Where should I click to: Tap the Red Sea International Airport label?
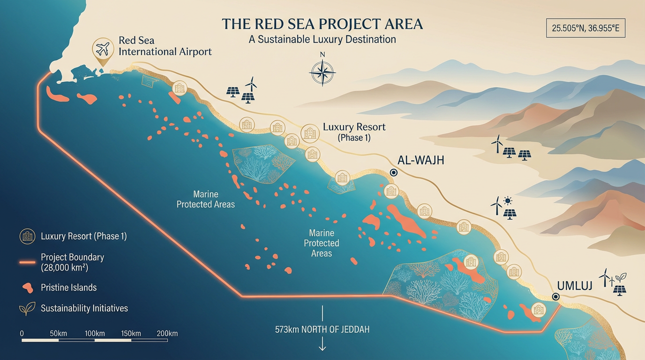tap(165, 46)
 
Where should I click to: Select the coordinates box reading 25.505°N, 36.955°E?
tap(585, 28)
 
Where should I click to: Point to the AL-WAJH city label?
tap(420, 160)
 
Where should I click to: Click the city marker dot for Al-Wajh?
tap(393, 172)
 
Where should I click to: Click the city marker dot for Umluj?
tap(555, 296)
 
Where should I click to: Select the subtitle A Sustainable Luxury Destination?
tap(322, 39)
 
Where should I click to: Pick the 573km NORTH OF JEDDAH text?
tap(322, 330)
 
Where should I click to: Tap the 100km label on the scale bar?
tap(95, 334)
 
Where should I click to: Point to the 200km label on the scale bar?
tap(167, 334)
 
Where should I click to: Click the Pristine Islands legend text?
tap(68, 287)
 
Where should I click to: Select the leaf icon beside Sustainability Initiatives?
tap(27, 308)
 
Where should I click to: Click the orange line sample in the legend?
tap(27, 262)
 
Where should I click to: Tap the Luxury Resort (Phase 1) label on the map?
tap(354, 132)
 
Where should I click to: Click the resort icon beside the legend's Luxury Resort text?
tap(27, 236)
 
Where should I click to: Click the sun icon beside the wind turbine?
tap(508, 202)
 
